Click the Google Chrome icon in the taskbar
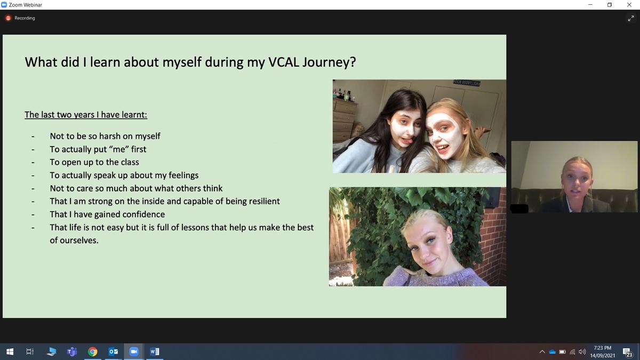click(x=93, y=351)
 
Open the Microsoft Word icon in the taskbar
click(x=154, y=351)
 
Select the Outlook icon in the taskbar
click(x=113, y=351)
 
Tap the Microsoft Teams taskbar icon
click(x=72, y=351)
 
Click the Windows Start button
click(x=10, y=351)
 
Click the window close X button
click(x=629, y=5)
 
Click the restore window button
click(x=610, y=5)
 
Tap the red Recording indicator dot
click(x=9, y=18)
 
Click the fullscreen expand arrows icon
click(x=631, y=19)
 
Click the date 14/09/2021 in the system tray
click(x=603, y=355)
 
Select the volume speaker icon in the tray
click(x=582, y=351)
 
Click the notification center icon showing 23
click(x=627, y=353)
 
